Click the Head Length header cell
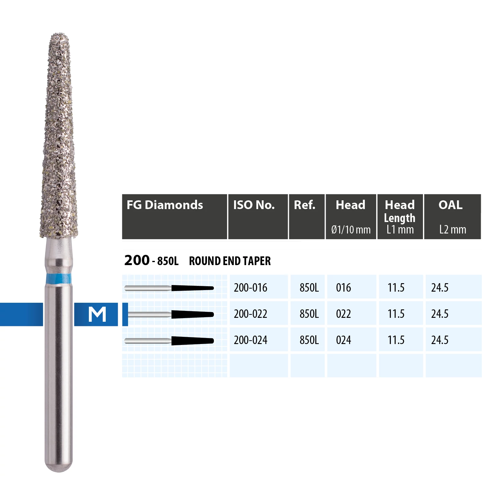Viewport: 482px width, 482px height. [400, 217]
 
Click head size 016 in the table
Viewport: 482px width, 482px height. [343, 288]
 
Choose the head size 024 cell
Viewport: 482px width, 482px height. [343, 340]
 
